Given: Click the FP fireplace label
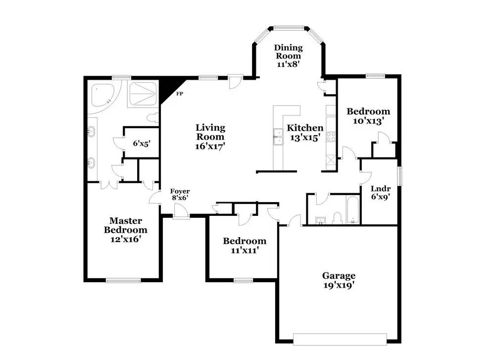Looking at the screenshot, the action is tap(180, 94).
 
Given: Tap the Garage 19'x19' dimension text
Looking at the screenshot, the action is tap(339, 285).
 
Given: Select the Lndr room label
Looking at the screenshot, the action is tap(381, 189).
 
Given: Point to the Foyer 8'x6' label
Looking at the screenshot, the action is tap(180, 195).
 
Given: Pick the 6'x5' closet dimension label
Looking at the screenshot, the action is tap(142, 144).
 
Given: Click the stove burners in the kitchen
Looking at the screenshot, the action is tap(331, 137).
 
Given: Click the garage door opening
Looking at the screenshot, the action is tap(340, 339).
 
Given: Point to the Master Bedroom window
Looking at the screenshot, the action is tap(123, 280).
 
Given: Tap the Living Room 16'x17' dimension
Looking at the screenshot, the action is tap(210, 146).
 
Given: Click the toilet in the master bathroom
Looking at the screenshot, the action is tap(152, 117).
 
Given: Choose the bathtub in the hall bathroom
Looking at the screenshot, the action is tap(352, 209).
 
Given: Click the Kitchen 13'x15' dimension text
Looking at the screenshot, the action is tap(305, 138).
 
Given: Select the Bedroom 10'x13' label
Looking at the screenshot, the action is tap(368, 116).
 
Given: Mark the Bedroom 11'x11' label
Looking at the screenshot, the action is tap(245, 246).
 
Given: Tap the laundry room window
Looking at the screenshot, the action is tap(400, 176).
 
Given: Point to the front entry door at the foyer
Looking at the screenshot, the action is tap(181, 211).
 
